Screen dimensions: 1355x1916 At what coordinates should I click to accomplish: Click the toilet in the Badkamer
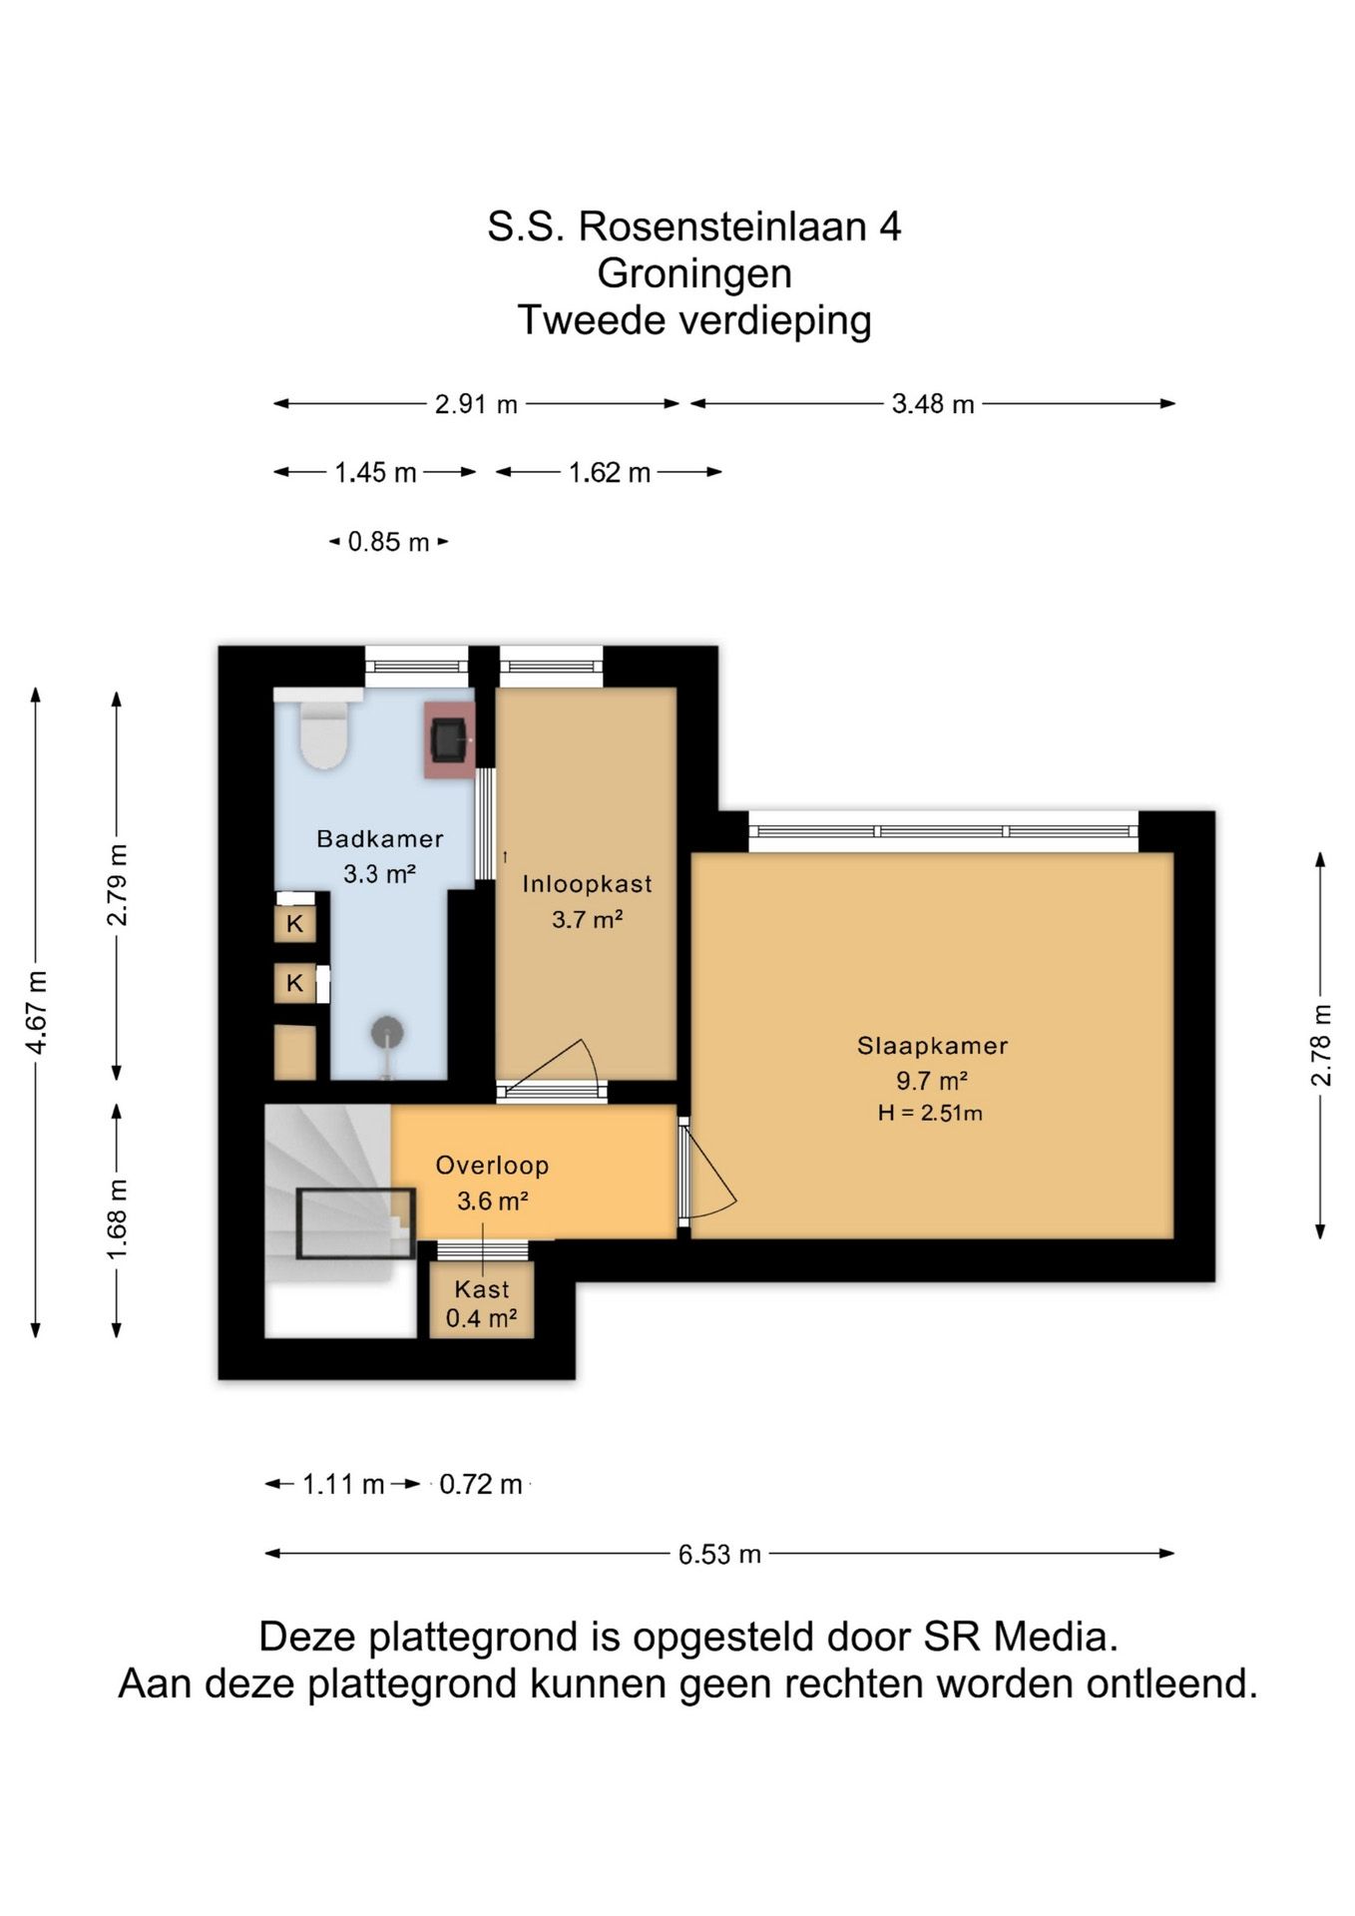(323, 732)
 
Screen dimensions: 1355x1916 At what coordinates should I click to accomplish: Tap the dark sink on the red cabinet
(449, 739)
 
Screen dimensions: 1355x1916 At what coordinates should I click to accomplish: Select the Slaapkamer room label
(932, 1046)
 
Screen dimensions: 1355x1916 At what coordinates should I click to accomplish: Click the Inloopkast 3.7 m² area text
(588, 919)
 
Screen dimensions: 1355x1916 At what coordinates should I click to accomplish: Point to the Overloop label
(492, 1166)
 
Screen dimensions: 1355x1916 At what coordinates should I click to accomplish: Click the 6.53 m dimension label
(719, 1554)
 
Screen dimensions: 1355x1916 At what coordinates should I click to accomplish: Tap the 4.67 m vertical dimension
(37, 1012)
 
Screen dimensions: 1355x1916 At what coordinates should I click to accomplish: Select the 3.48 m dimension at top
(933, 404)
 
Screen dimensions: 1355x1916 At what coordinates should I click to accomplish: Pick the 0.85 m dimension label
(388, 542)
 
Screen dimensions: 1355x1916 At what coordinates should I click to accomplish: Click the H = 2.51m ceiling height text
(930, 1113)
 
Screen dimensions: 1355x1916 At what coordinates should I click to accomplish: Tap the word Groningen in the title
(694, 273)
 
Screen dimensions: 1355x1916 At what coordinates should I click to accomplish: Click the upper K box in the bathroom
(295, 923)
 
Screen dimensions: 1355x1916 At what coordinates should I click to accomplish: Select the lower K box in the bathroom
(295, 983)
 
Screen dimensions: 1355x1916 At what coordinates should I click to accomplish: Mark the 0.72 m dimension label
(481, 1484)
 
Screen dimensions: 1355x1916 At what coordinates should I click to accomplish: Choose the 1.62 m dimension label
(609, 472)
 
